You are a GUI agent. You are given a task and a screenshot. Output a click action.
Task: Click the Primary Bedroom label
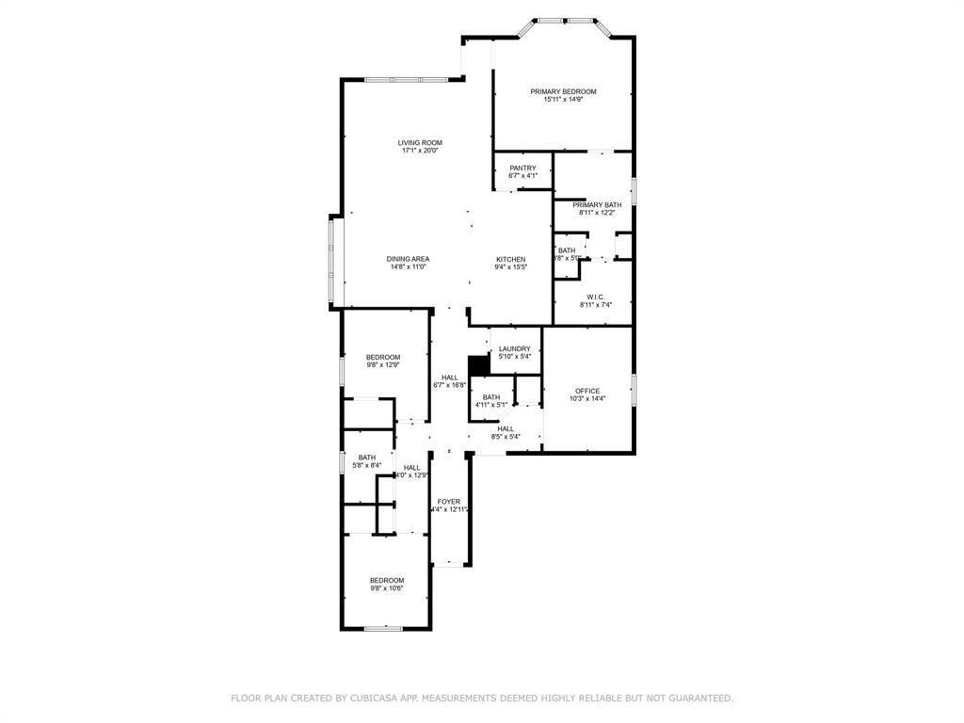click(x=563, y=91)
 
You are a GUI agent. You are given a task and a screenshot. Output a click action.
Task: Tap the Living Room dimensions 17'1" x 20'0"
click(x=420, y=151)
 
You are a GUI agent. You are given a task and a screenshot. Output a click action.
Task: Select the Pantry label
click(x=522, y=169)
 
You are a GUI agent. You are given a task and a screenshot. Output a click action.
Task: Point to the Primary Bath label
click(x=597, y=205)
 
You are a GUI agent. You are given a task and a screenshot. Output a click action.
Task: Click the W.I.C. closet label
click(x=595, y=297)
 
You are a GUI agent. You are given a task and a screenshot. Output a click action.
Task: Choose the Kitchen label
click(x=511, y=259)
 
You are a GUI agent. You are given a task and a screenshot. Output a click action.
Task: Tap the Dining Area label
click(x=409, y=259)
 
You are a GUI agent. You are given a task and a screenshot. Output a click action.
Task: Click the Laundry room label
click(x=515, y=349)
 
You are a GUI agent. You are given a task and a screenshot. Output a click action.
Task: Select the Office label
click(x=587, y=391)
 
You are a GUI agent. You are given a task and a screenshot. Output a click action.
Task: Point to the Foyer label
click(x=449, y=502)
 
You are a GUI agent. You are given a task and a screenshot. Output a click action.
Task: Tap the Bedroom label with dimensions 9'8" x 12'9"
click(x=383, y=357)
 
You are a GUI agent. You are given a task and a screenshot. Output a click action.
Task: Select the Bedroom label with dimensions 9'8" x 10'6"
click(x=387, y=580)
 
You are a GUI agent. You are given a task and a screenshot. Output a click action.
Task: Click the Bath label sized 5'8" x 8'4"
click(x=366, y=458)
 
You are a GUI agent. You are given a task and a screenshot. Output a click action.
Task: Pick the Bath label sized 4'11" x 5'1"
click(x=491, y=397)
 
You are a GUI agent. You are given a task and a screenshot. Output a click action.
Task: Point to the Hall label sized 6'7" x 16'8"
click(x=450, y=378)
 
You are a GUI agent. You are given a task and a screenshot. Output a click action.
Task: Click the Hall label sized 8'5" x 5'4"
click(x=506, y=428)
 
